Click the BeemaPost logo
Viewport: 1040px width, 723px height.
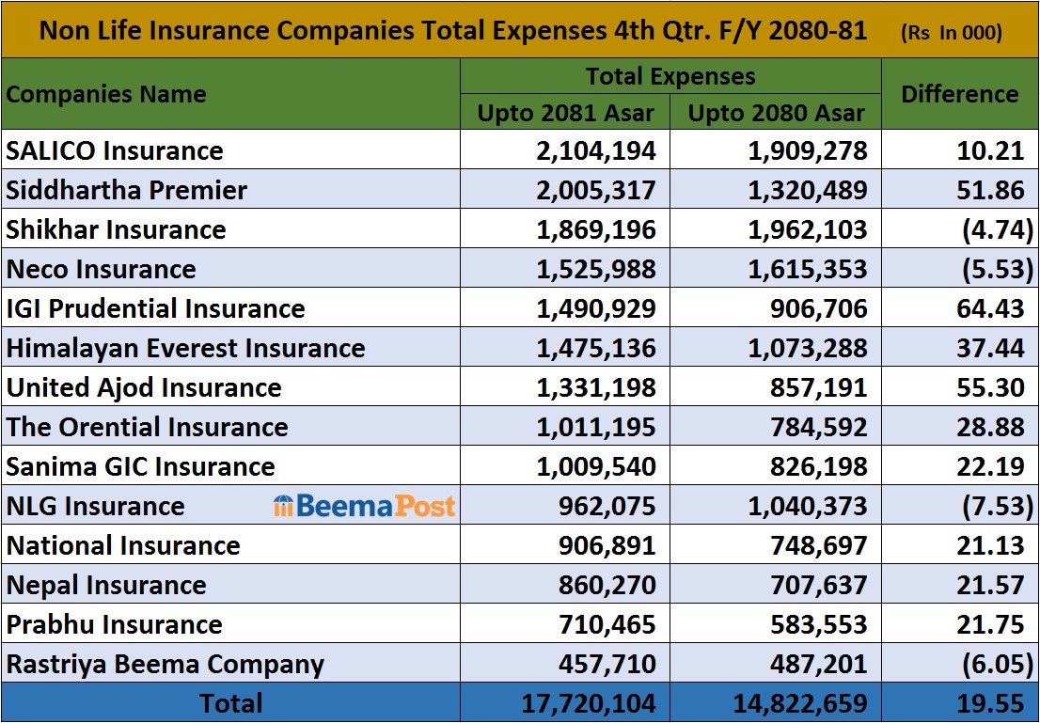[364, 506]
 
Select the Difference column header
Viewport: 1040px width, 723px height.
[959, 94]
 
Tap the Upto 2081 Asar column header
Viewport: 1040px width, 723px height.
[565, 113]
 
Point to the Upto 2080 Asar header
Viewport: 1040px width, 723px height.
[776, 113]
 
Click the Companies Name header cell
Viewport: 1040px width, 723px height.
[106, 94]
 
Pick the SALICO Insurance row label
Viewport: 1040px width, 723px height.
[115, 150]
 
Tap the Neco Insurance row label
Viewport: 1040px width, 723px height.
[102, 269]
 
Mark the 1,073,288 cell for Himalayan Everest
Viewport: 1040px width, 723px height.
[808, 348]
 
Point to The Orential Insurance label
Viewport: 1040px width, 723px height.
[148, 427]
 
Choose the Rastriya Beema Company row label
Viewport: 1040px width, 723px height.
[165, 664]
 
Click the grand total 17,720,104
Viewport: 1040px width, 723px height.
[590, 703]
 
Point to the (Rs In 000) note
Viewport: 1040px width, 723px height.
[951, 32]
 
